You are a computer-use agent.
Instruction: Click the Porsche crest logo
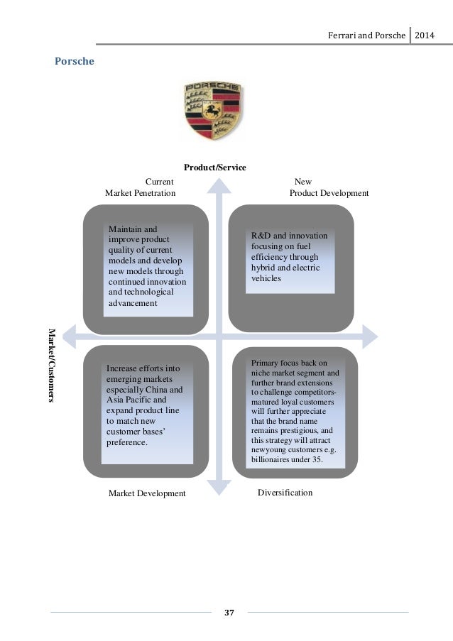[x=212, y=110]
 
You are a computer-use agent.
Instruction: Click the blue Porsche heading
[x=75, y=61]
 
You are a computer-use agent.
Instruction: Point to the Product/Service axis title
[x=215, y=168]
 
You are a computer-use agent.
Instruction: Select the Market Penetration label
[x=140, y=193]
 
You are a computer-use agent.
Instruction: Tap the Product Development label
[x=329, y=193]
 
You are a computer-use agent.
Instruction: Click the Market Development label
[x=147, y=493]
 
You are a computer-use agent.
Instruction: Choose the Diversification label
[x=285, y=492]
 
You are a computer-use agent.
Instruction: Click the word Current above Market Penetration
[x=160, y=182]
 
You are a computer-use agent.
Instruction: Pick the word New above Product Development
[x=302, y=182]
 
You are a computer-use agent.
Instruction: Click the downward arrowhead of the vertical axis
[x=219, y=488]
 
